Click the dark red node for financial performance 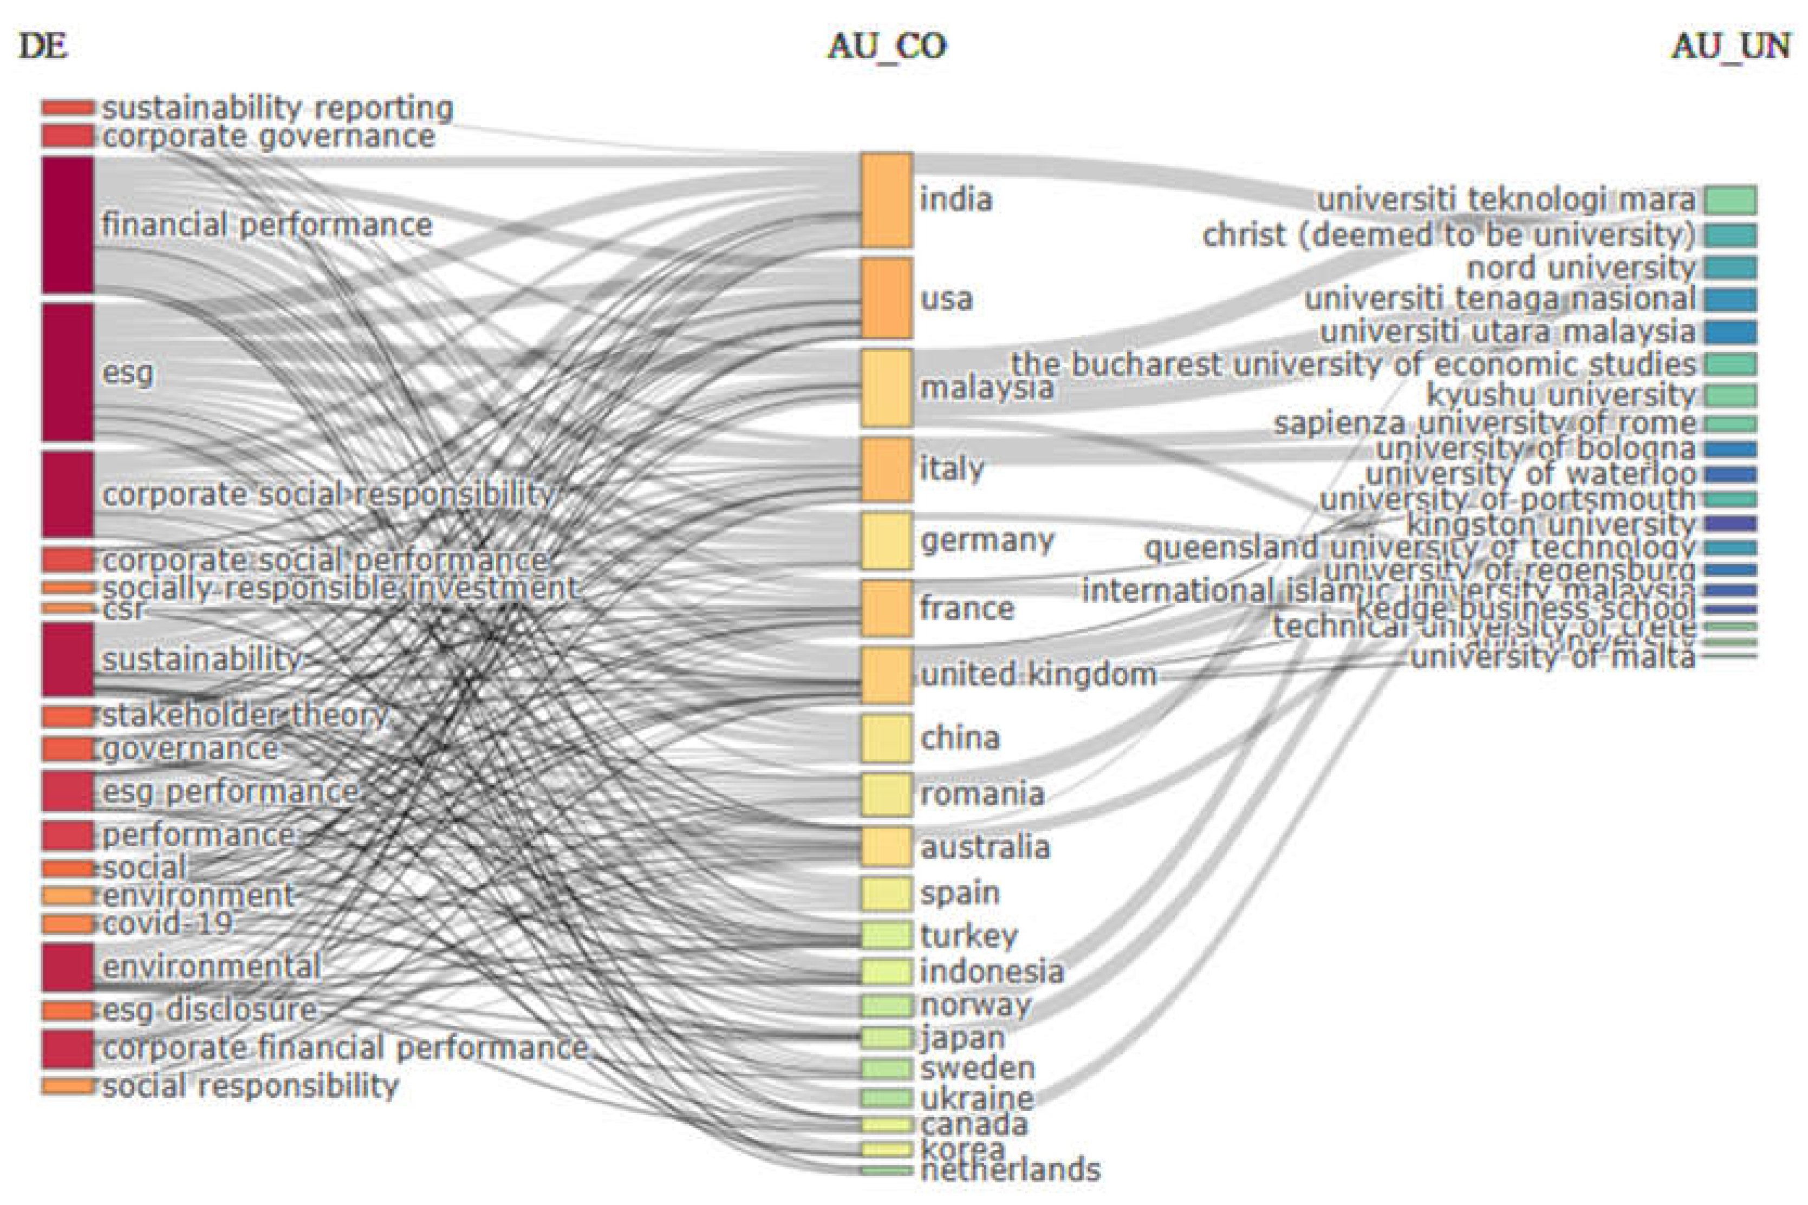click(x=68, y=224)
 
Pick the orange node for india click(x=886, y=200)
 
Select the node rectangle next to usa click(x=886, y=298)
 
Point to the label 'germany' click(x=987, y=540)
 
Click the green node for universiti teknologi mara click(x=1729, y=200)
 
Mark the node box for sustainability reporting click(x=68, y=108)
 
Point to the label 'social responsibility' click(x=250, y=1086)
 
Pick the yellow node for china click(x=886, y=738)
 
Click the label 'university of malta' click(x=1553, y=657)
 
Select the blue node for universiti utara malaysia click(x=1729, y=332)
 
